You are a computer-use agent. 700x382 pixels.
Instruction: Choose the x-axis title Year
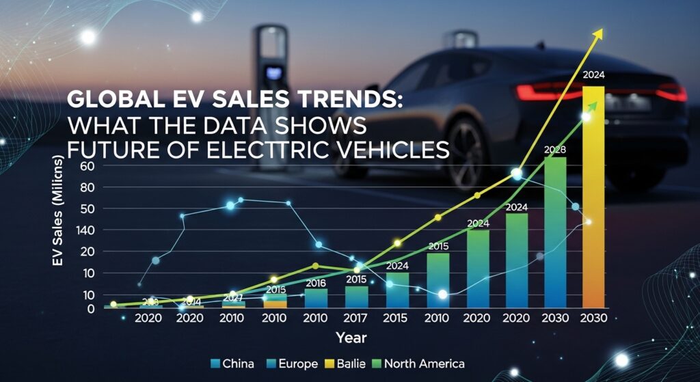coord(351,338)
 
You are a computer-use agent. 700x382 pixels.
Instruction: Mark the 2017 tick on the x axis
coord(355,318)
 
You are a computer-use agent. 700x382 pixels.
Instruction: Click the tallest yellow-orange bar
coord(593,198)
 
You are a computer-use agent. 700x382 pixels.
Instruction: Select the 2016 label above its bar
coord(315,283)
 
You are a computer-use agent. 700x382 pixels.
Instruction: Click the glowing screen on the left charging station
coord(274,70)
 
